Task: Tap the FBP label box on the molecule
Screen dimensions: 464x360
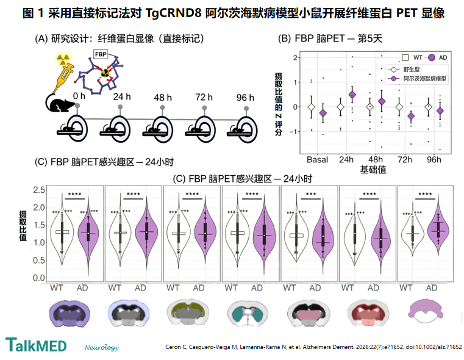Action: tap(101, 54)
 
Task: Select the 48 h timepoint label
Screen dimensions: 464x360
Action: tap(163, 98)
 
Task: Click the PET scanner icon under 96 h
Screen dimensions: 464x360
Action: tap(242, 129)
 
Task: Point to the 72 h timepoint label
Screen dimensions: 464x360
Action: tap(204, 97)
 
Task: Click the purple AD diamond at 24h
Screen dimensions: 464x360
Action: tap(352, 95)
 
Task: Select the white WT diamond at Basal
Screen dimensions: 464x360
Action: tap(311, 107)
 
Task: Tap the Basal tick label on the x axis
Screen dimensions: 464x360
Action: tap(317, 160)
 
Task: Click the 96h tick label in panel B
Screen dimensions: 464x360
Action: tap(434, 160)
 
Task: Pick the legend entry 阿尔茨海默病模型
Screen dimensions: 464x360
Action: tap(417, 79)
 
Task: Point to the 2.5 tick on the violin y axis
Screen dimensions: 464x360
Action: tap(39, 190)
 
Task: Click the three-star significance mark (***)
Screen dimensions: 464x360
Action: tap(311, 194)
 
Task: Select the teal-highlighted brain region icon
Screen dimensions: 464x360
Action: tap(248, 314)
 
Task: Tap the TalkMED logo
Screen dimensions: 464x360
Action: tap(36, 345)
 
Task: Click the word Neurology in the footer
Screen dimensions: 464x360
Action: tap(102, 347)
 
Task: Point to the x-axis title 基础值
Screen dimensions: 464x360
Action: tap(373, 170)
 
